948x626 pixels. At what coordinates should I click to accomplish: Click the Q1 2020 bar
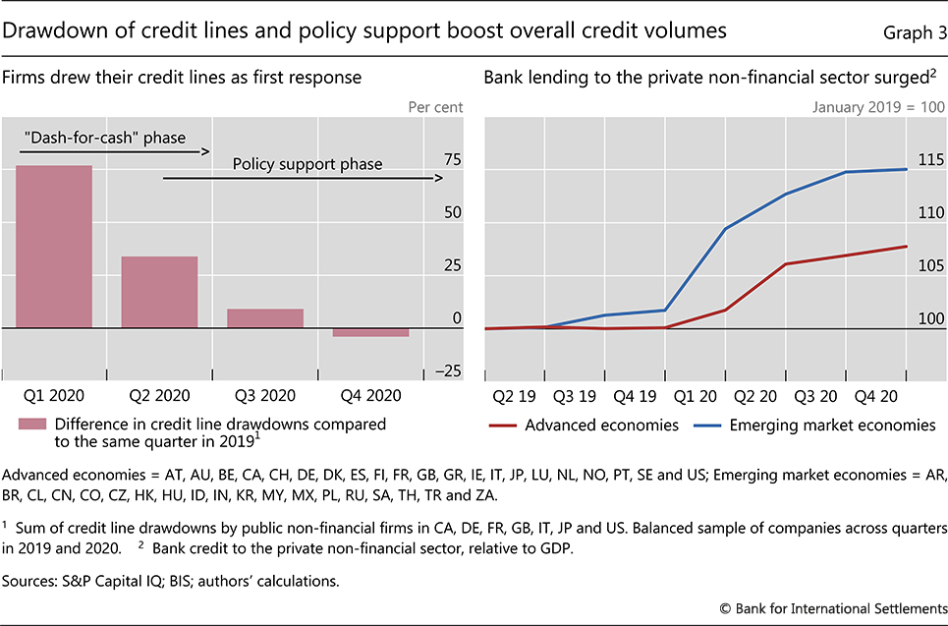(x=54, y=246)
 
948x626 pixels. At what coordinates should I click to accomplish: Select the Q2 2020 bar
(x=159, y=292)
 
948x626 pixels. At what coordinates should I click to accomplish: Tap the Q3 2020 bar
(x=265, y=317)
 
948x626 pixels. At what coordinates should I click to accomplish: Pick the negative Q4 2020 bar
(x=370, y=332)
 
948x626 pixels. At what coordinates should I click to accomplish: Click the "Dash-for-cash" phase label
(x=103, y=138)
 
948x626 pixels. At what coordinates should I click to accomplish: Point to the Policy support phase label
(x=307, y=164)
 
